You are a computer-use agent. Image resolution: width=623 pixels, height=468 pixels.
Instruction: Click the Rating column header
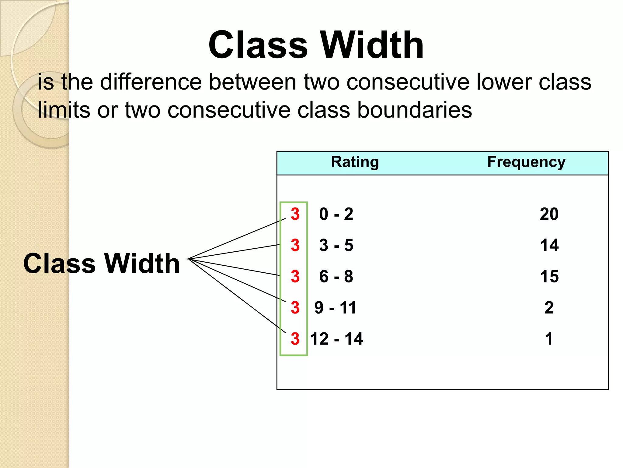355,162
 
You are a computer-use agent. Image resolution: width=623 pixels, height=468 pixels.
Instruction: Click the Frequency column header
526,162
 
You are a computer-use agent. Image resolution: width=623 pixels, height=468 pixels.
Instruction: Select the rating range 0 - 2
336,214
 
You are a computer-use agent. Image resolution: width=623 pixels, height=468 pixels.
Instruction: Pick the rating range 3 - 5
336,245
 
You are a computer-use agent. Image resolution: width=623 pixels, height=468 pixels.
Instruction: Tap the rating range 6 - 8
336,276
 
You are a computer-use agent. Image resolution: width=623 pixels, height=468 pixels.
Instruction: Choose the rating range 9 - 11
335,307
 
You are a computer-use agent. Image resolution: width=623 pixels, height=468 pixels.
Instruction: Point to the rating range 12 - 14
337,339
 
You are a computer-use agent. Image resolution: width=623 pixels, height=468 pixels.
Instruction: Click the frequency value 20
549,214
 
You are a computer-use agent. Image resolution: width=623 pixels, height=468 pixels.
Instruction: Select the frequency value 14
549,245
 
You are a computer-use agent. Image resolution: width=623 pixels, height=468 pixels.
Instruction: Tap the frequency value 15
549,276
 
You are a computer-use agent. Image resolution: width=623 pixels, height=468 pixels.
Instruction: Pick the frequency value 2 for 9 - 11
549,307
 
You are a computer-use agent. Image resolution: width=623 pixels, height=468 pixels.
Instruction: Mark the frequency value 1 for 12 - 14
549,339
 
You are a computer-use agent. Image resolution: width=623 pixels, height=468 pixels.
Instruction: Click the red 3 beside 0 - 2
295,214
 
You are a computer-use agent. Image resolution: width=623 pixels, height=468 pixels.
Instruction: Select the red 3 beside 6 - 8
295,276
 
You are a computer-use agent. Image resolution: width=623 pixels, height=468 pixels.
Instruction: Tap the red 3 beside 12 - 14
295,339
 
